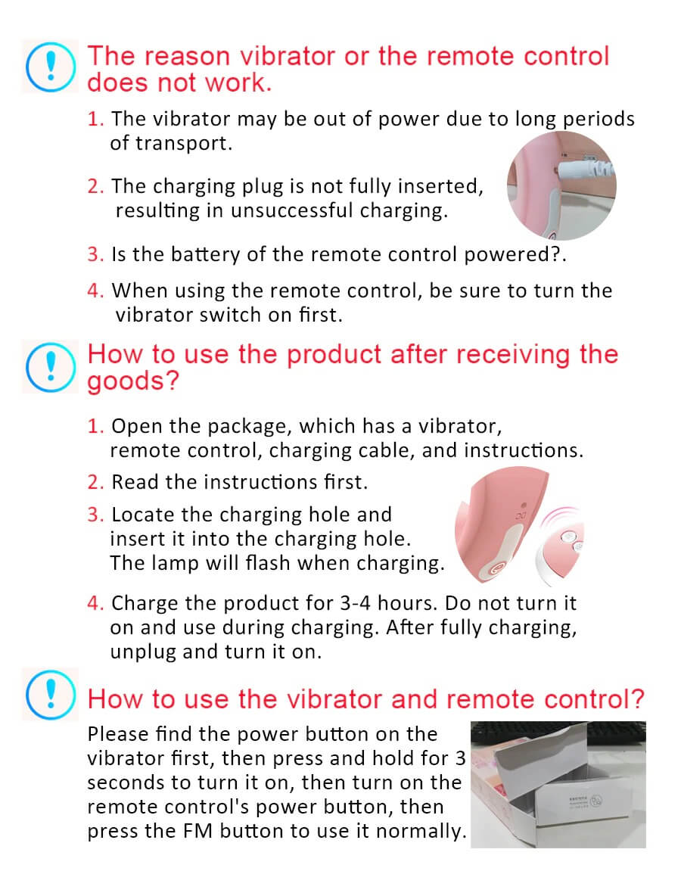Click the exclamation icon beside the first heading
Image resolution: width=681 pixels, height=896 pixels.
[50, 67]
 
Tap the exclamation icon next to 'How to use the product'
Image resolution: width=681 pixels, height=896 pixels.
[50, 367]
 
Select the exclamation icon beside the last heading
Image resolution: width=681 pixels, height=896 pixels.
[50, 694]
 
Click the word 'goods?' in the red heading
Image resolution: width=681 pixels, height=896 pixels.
[133, 381]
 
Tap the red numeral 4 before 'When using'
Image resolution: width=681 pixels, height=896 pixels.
[94, 291]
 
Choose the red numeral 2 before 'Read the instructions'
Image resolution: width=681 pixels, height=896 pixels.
[94, 483]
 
